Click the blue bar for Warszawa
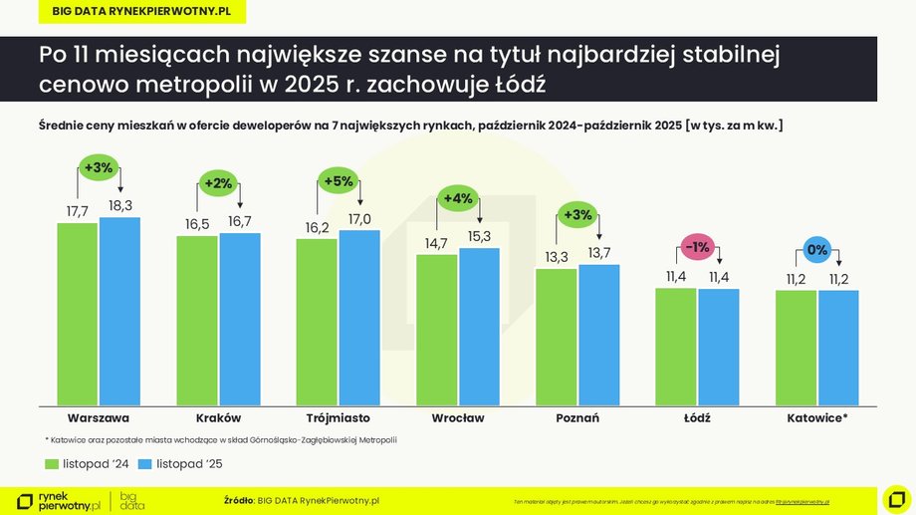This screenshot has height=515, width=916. click(x=119, y=311)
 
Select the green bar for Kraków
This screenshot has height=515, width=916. click(x=197, y=320)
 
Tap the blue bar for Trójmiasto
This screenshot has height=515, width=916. click(x=358, y=318)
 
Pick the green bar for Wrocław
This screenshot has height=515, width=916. click(x=437, y=330)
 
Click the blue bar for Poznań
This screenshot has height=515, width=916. click(x=598, y=335)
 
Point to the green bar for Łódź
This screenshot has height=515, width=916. click(x=676, y=347)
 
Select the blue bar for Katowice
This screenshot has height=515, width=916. click(x=838, y=348)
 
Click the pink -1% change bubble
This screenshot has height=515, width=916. click(x=697, y=247)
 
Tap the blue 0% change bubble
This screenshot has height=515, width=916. click(x=817, y=250)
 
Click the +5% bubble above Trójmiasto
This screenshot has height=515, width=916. click(x=339, y=180)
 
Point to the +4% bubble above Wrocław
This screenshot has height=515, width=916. click(x=458, y=198)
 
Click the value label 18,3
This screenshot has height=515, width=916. click(x=119, y=205)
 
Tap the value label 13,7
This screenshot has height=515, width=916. click(x=598, y=253)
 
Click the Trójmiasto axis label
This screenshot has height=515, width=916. click(x=339, y=417)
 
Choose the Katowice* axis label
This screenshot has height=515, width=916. click(x=816, y=417)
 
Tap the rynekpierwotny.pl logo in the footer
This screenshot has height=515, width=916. click(x=60, y=500)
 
